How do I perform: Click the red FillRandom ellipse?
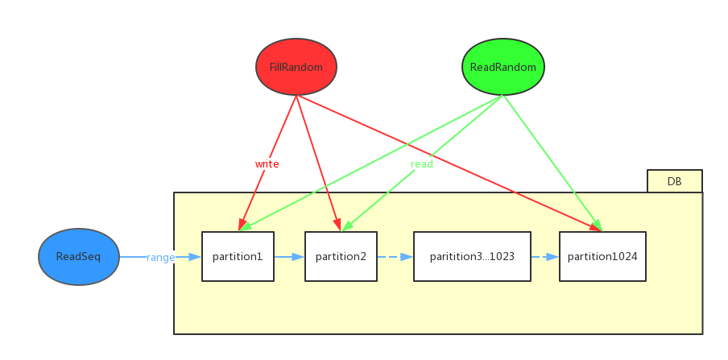point(296,67)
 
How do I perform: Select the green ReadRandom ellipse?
point(503,67)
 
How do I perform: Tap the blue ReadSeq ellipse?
point(79,257)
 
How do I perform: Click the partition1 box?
point(238,257)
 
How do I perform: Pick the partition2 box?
point(341,257)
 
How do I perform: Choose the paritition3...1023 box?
point(472,257)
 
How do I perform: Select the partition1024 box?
point(602,257)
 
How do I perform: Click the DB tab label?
point(674,181)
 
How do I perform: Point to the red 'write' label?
point(267,163)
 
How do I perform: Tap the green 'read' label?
point(422,163)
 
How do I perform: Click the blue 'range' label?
point(160,257)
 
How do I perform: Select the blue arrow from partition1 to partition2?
point(289,257)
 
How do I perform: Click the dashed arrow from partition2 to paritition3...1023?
point(395,257)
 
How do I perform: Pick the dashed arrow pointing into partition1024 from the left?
point(545,257)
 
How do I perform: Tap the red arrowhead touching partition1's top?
point(242,225)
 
